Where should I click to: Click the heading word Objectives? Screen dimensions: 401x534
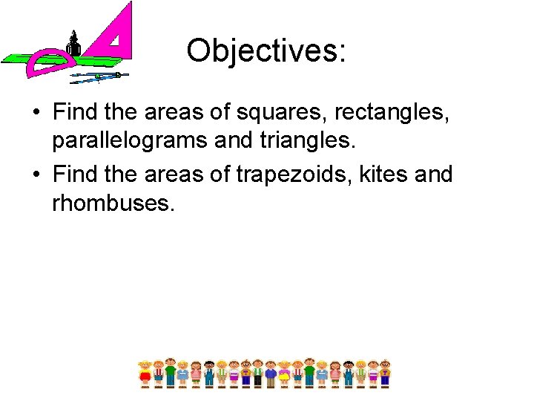pyautogui.click(x=266, y=50)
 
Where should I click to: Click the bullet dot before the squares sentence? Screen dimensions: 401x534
pyautogui.click(x=35, y=114)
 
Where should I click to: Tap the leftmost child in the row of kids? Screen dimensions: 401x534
pyautogui.click(x=145, y=372)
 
